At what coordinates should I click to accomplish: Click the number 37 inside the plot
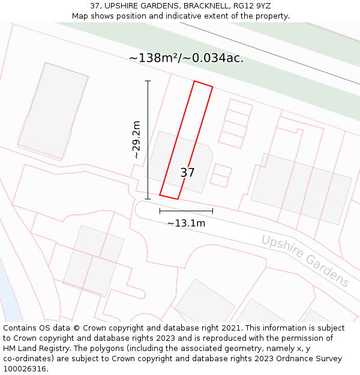click(x=187, y=173)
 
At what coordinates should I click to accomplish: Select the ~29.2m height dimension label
click(x=136, y=140)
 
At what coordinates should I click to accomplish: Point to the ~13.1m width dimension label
click(x=186, y=223)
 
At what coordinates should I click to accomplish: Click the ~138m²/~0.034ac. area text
click(x=186, y=58)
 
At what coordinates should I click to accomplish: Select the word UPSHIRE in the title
click(x=124, y=6)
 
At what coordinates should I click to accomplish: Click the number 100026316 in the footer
click(x=24, y=369)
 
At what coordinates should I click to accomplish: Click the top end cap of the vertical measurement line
click(x=148, y=81)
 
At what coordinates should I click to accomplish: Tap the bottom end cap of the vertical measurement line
click(x=148, y=199)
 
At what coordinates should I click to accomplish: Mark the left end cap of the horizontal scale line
click(x=160, y=211)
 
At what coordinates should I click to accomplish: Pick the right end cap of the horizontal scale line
click(x=212, y=211)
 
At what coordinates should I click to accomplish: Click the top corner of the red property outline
click(x=194, y=81)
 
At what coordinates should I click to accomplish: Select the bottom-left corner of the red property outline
click(x=160, y=194)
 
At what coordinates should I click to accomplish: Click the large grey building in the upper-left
click(x=53, y=111)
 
